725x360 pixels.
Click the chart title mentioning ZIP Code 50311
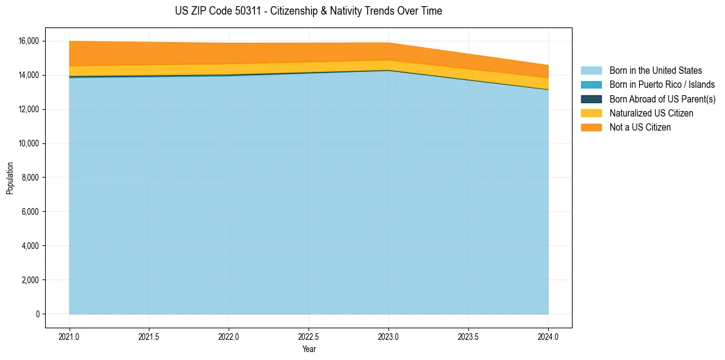tap(308, 11)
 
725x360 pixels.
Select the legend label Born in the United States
tap(655, 71)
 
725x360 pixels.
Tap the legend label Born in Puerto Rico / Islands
tap(662, 85)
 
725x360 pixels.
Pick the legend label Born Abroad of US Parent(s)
tap(662, 99)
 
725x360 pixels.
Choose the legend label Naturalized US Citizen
tap(651, 113)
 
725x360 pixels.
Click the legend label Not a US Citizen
tap(640, 128)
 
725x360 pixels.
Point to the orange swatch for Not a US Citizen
tap(591, 128)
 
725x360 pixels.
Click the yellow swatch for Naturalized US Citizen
tap(591, 113)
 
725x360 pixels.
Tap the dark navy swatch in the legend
tap(591, 99)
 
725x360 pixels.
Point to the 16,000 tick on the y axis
tap(29, 41)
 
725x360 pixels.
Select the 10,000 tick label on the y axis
tap(29, 143)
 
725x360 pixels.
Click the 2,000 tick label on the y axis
tap(31, 280)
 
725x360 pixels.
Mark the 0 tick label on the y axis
tap(37, 314)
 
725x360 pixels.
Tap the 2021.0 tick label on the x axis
tap(70, 336)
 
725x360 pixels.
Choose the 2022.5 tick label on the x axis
tap(309, 336)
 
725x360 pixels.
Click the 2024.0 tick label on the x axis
tap(548, 336)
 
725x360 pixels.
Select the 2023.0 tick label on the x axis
tap(388, 336)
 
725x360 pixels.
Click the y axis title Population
tap(10, 178)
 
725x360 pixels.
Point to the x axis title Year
tap(309, 349)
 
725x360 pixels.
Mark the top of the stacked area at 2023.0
tap(388, 43)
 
